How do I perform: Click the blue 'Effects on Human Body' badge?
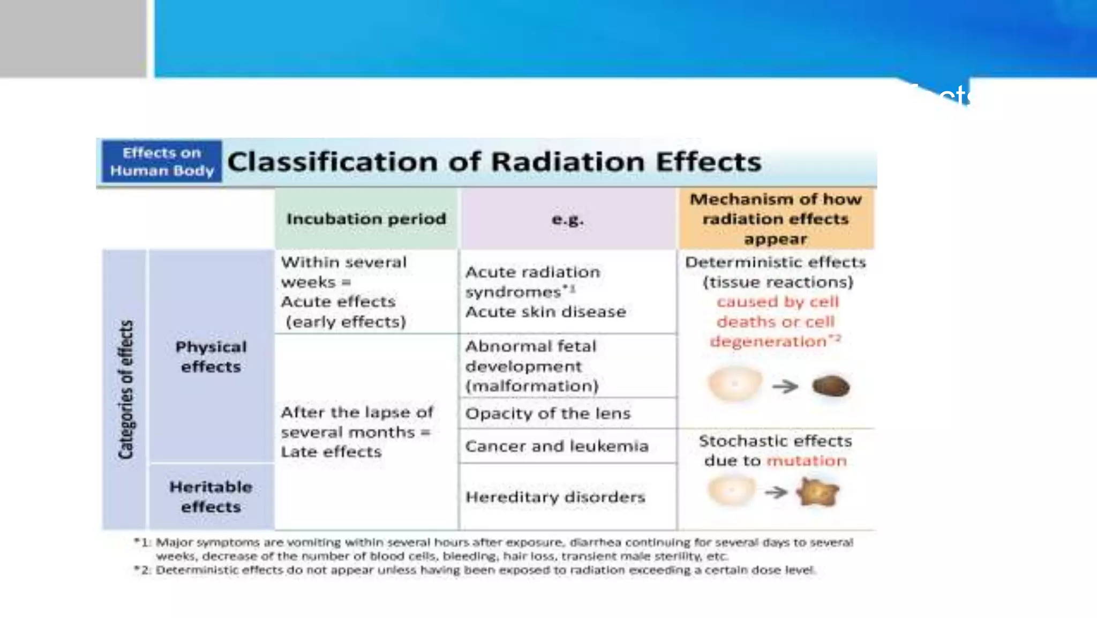[x=161, y=161]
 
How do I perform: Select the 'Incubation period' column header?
[x=366, y=219]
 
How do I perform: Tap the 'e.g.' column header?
[x=568, y=219]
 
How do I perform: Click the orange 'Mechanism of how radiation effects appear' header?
[x=776, y=219]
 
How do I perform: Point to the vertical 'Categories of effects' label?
[x=125, y=390]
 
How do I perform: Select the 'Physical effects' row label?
[x=211, y=356]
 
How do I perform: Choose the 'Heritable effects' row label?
[x=211, y=497]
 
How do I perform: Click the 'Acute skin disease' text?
[x=545, y=312]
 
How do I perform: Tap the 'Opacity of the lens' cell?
[x=547, y=413]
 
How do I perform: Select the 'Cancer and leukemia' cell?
[x=557, y=446]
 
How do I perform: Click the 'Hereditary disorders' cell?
[x=555, y=497]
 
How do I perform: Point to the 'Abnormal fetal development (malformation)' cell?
[x=531, y=366]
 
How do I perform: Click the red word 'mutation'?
[x=807, y=461]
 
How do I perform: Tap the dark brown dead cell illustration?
[x=831, y=386]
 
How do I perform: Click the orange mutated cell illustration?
[x=817, y=492]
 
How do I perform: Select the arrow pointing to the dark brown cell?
[x=785, y=386]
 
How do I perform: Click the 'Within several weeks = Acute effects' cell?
[x=344, y=292]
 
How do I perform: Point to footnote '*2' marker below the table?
[x=141, y=570]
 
